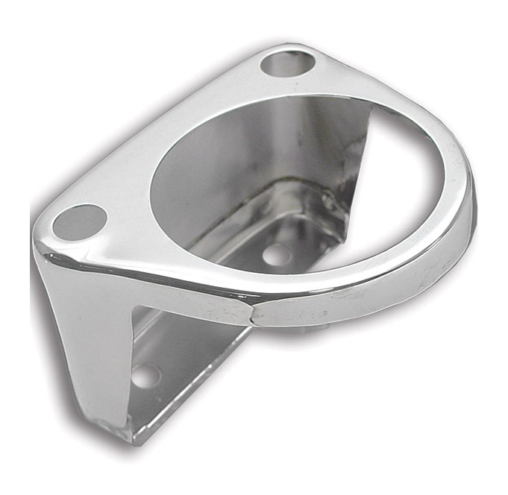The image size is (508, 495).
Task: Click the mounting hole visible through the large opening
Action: pos(277,255)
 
